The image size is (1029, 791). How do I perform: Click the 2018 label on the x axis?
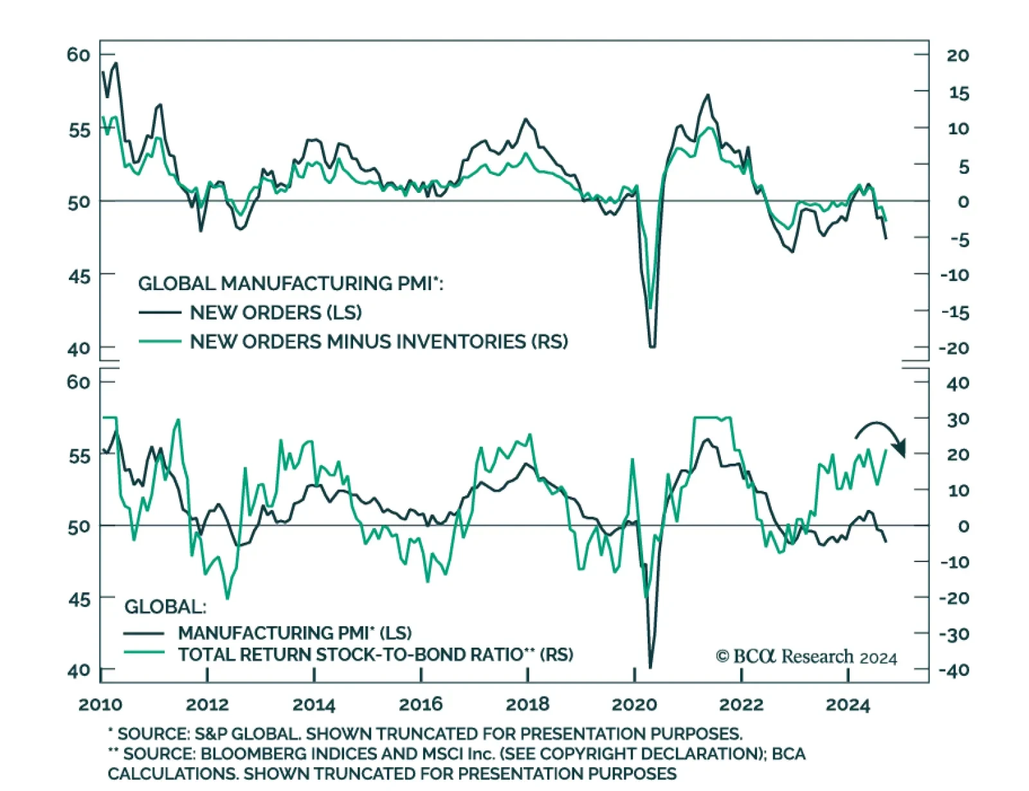(527, 704)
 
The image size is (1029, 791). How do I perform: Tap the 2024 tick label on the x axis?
(848, 704)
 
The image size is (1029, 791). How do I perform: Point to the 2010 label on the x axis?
(100, 704)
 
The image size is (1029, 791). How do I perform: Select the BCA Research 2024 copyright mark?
(806, 657)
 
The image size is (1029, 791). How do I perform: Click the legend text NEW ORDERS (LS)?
(275, 313)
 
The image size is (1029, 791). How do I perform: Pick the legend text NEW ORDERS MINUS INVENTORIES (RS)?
(379, 341)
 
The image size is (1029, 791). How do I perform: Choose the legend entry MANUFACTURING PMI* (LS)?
(295, 633)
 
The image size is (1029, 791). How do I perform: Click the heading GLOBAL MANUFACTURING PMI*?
(291, 284)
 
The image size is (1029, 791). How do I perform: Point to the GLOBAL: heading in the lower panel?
(165, 606)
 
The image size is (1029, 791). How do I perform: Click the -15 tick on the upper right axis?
(954, 313)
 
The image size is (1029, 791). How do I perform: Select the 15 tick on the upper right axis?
(958, 93)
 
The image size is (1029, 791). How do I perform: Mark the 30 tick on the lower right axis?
(958, 419)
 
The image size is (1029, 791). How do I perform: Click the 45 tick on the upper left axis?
(78, 277)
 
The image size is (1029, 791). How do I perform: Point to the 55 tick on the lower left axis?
(78, 456)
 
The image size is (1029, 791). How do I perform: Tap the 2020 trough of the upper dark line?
(652, 346)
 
